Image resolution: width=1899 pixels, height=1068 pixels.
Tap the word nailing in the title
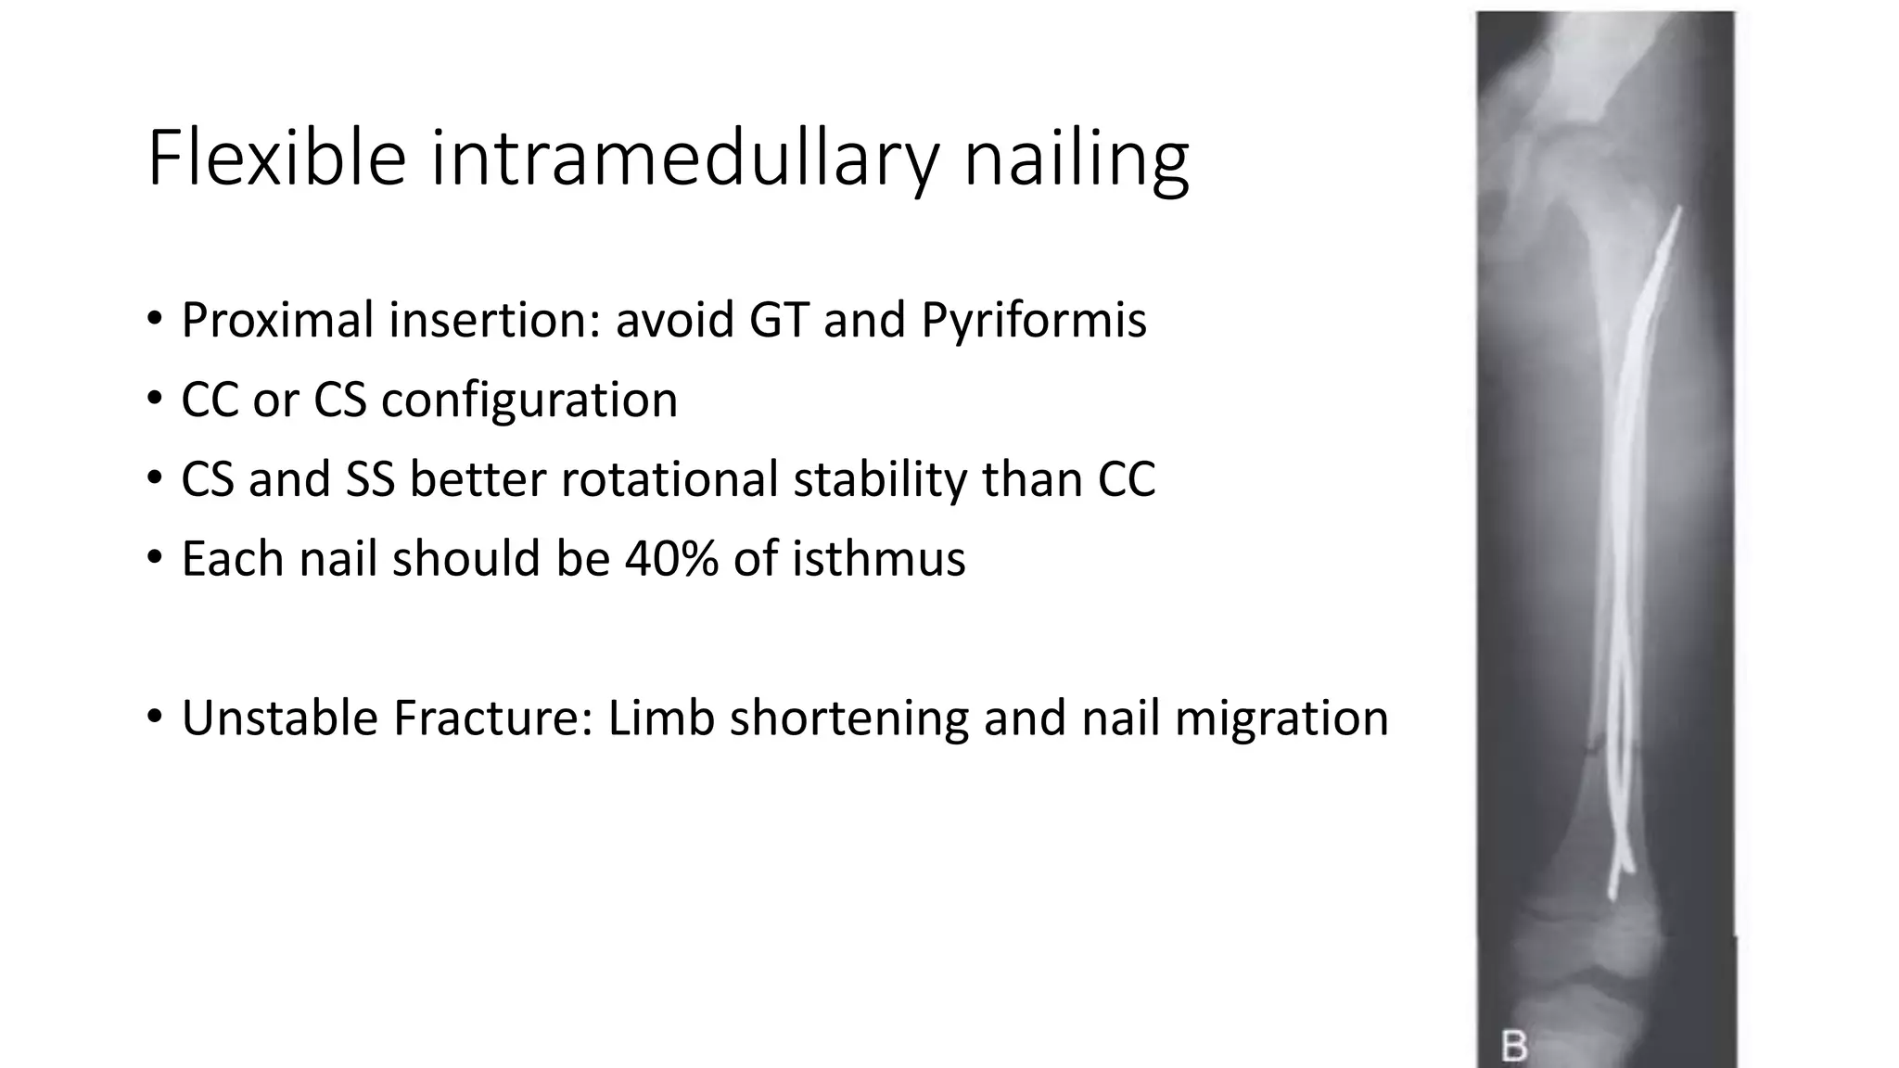point(1076,159)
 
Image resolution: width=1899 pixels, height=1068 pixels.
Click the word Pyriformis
point(1034,321)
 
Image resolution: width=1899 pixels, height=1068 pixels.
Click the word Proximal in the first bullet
point(277,321)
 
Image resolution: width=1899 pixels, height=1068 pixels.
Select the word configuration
point(529,400)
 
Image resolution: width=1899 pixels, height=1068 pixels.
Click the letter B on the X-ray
point(1513,1047)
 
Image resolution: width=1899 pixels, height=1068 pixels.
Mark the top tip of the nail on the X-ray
point(1678,211)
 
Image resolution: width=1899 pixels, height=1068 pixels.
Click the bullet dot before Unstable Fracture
point(154,717)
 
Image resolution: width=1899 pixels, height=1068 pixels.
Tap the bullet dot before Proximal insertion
point(154,319)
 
